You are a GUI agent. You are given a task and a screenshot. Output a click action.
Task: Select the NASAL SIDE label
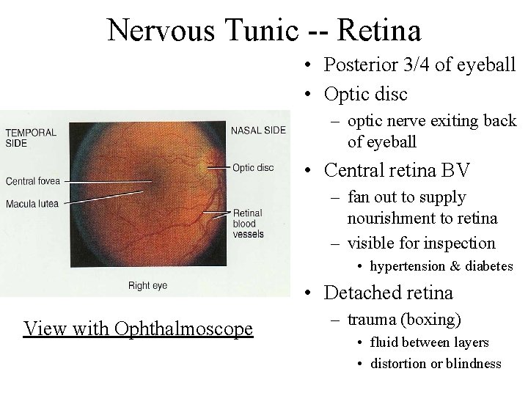click(258, 131)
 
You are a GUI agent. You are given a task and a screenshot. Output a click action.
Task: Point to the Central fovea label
click(32, 180)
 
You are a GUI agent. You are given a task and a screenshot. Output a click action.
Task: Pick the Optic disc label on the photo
click(252, 168)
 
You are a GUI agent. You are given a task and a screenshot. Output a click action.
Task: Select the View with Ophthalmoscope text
click(138, 328)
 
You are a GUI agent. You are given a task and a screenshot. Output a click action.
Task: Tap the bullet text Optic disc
click(367, 94)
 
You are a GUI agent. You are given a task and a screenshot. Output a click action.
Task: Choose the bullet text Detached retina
click(389, 293)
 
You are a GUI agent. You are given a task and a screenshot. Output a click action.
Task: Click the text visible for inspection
click(422, 242)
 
